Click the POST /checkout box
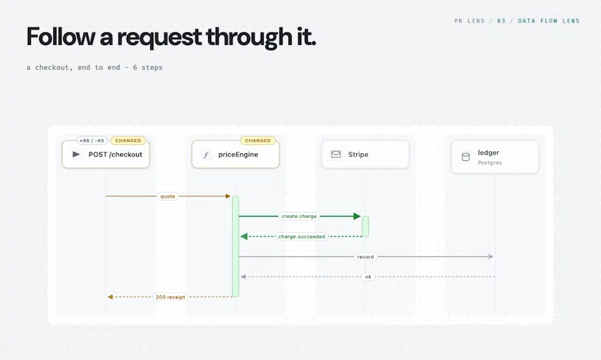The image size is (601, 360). [106, 154]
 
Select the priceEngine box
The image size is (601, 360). [235, 154]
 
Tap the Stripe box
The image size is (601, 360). [365, 154]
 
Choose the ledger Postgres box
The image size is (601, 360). [495, 157]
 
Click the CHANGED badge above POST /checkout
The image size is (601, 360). [128, 141]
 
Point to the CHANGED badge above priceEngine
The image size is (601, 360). [258, 141]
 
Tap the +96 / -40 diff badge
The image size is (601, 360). [92, 141]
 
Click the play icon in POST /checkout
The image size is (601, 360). [76, 154]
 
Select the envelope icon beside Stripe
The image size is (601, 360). [336, 154]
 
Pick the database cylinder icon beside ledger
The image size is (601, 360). [465, 157]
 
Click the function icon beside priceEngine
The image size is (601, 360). [206, 155]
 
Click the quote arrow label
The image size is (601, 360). [168, 196]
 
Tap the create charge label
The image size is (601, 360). [299, 216]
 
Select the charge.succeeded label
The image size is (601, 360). [302, 237]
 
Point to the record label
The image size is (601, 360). [365, 257]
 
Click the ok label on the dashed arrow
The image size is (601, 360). [368, 277]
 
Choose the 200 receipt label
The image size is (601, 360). [171, 297]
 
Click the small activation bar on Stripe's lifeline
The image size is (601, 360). [365, 226]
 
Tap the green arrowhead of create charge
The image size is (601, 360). [358, 216]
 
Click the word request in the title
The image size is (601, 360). [159, 37]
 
